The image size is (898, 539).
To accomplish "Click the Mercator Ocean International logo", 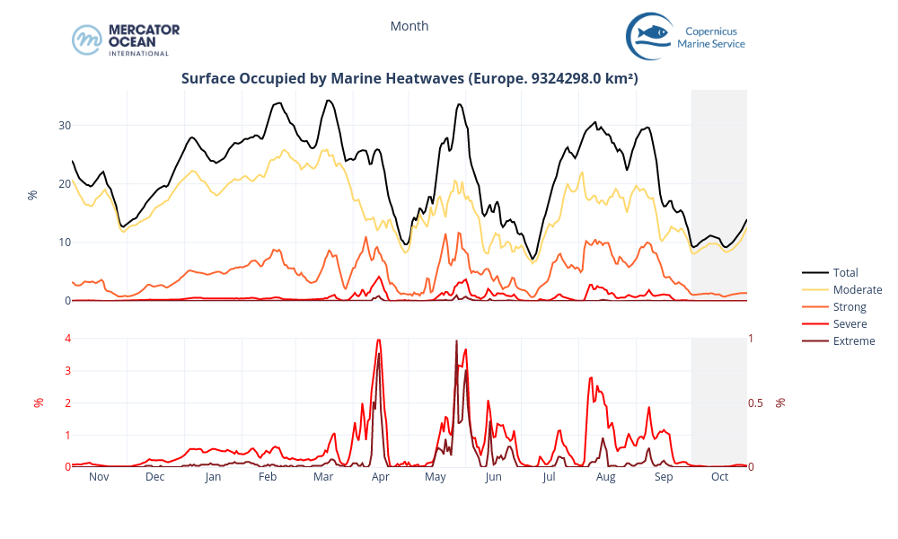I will point(126,40).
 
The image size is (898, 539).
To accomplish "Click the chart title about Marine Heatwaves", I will point(409,78).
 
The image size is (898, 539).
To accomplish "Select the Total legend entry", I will point(845,272).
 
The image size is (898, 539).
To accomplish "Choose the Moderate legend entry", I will point(857,289).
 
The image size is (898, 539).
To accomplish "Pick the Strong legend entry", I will point(850,307).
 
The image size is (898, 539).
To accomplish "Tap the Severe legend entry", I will point(850,323).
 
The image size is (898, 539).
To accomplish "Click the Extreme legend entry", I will point(853,340).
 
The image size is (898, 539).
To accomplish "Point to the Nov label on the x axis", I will point(99,477).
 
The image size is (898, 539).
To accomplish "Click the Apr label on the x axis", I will point(380,477).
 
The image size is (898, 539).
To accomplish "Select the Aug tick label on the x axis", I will point(606,477).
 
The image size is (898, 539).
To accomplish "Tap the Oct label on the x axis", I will point(719,477).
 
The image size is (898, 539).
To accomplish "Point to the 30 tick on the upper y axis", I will point(65,126).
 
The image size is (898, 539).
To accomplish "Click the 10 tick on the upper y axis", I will point(65,243).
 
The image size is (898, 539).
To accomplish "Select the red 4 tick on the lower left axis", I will point(67,339).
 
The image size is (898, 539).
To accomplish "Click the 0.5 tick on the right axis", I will point(756,402).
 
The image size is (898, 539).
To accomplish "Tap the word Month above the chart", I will point(409,26).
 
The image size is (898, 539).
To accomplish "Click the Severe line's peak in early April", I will point(379,340).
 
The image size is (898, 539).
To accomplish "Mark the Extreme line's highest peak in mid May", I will point(456,341).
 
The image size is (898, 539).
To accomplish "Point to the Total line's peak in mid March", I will point(329,101).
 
